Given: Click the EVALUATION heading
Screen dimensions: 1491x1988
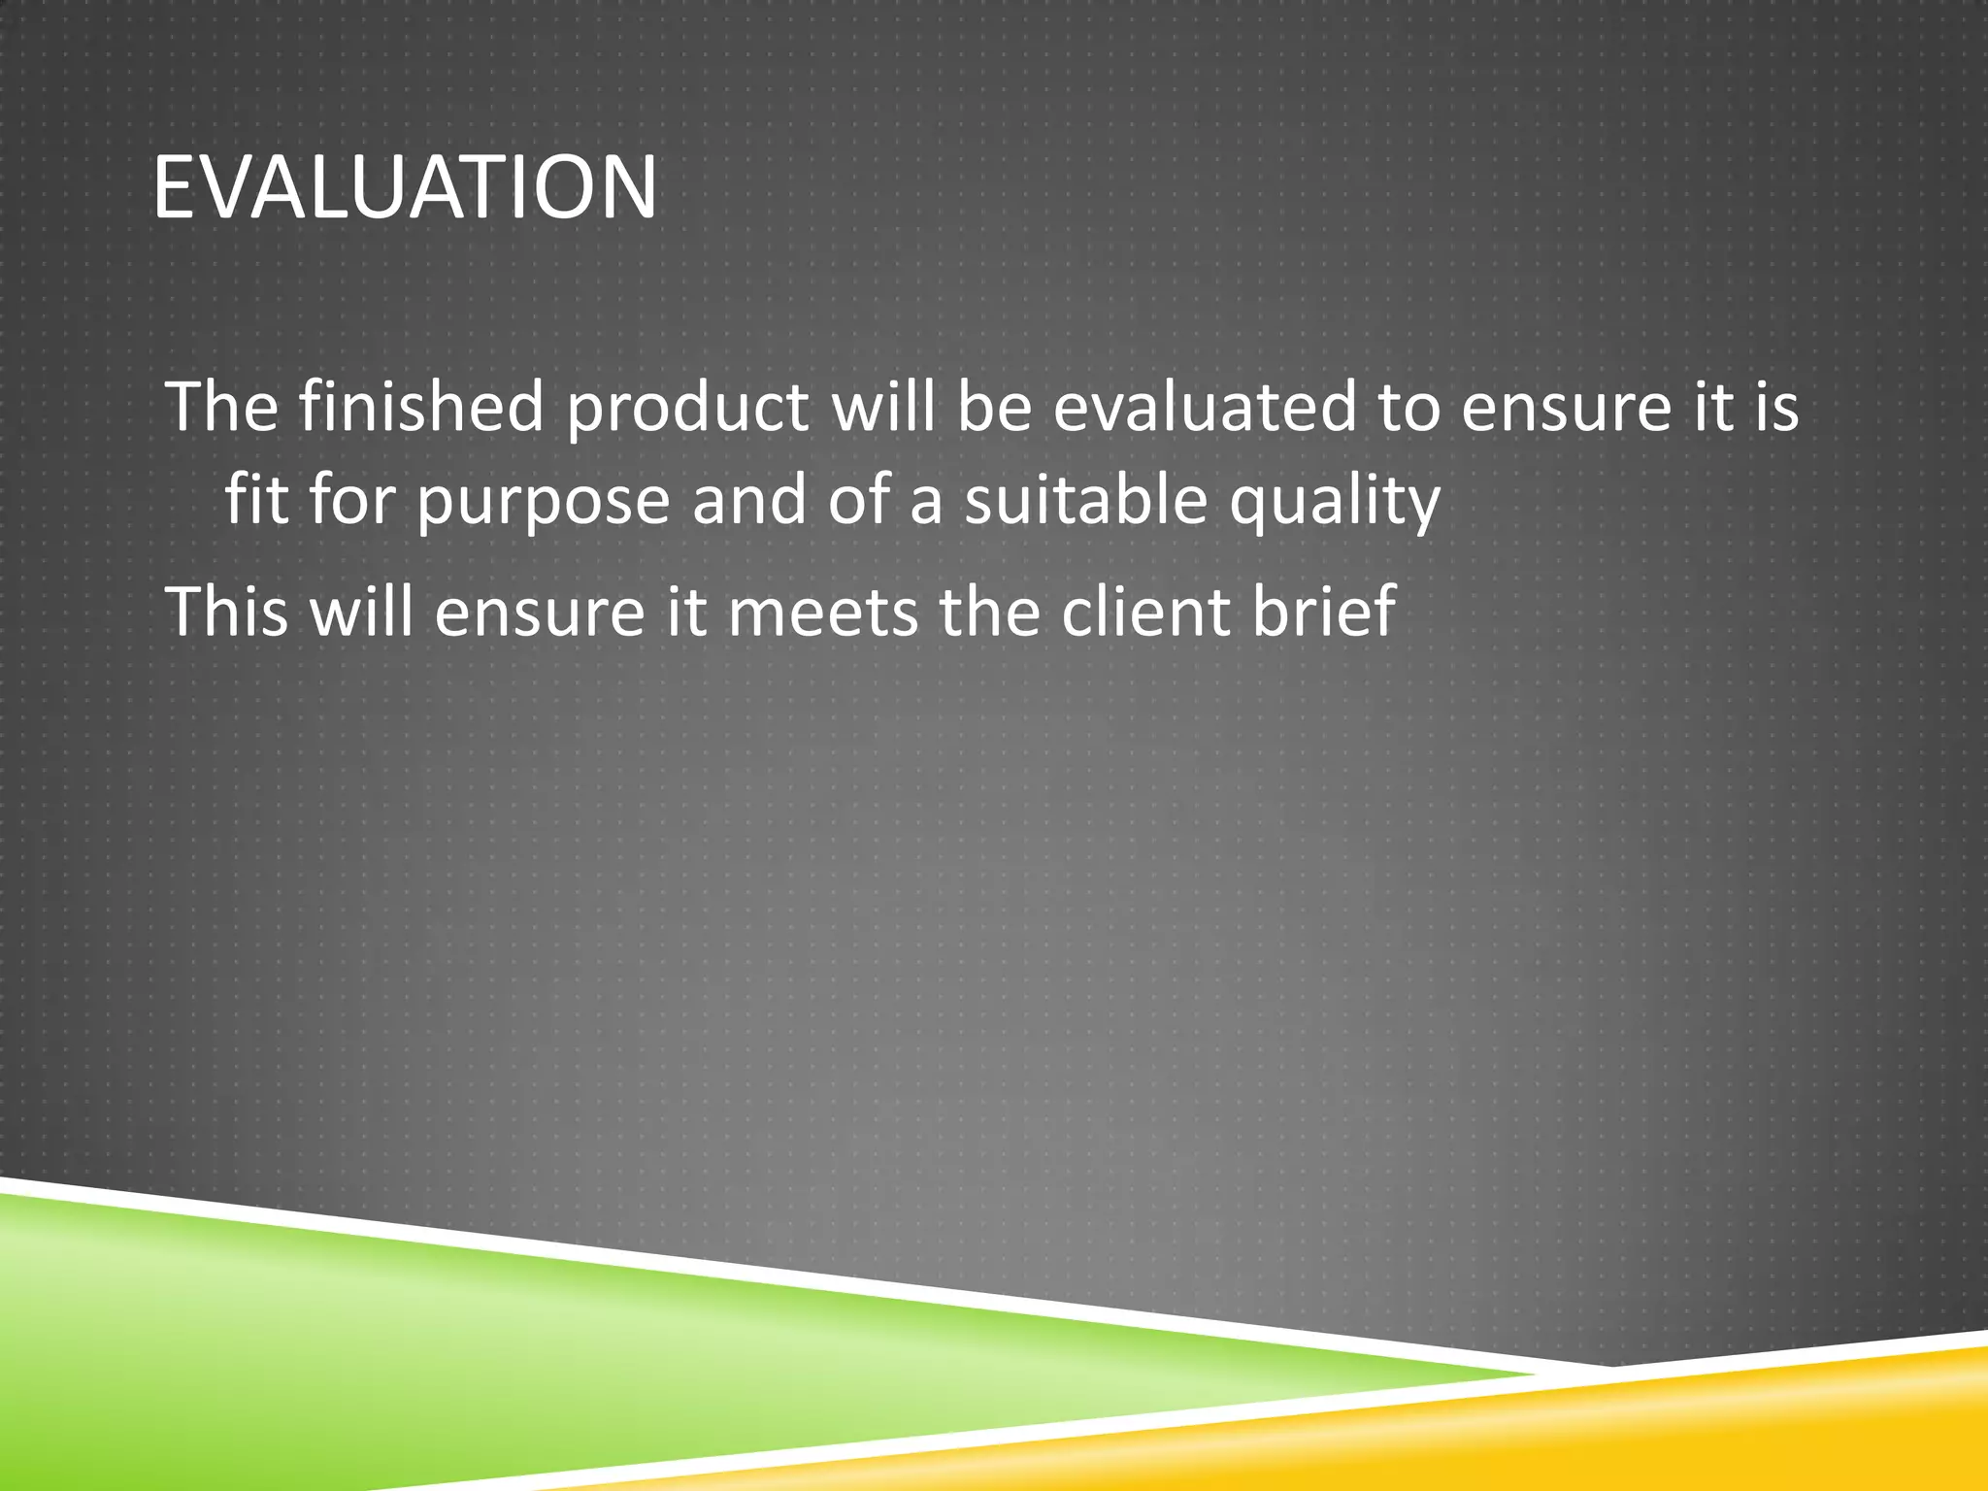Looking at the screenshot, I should [405, 186].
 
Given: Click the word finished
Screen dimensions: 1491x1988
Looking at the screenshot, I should [421, 407].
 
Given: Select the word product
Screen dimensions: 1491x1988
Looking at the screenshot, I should [687, 407].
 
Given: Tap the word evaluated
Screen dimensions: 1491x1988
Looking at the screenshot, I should [1204, 407].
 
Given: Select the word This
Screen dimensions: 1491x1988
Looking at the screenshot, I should [227, 612].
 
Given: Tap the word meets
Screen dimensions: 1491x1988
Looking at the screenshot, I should [822, 612].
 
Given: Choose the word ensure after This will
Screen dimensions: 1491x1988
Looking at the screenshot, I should [539, 613].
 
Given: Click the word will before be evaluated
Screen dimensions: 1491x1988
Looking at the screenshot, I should [884, 407].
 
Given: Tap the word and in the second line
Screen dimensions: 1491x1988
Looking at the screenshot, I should [748, 501].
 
